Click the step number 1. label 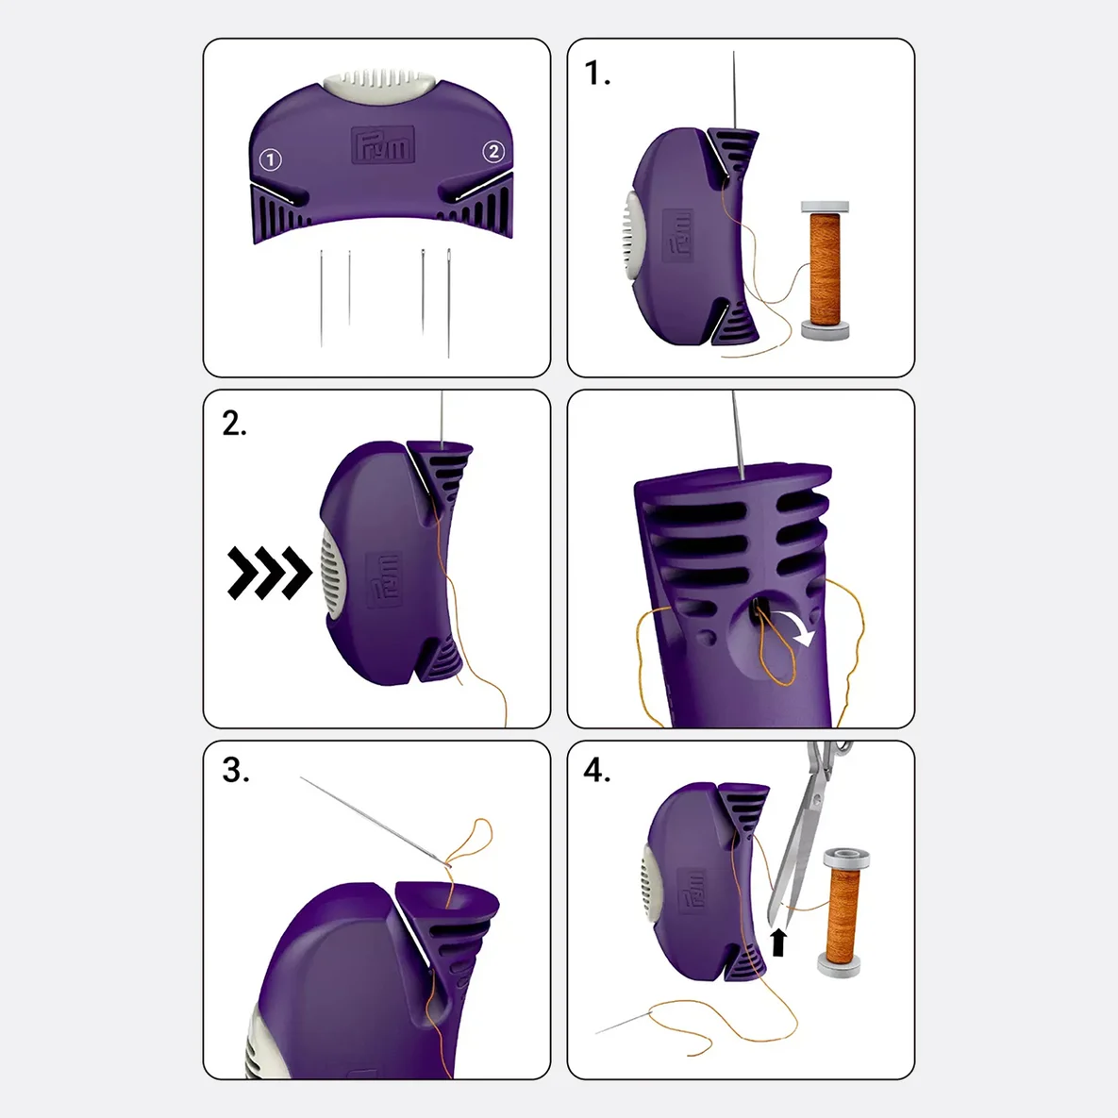(597, 73)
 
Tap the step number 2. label (235, 424)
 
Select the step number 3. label (236, 770)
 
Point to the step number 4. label (597, 770)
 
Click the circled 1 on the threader (270, 159)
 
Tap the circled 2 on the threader (493, 151)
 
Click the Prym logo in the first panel (383, 146)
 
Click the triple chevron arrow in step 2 (270, 573)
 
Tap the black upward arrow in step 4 (779, 942)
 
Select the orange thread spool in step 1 (825, 270)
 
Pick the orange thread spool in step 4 (843, 912)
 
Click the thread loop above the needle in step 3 (469, 842)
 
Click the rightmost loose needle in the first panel (448, 302)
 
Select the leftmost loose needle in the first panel (322, 298)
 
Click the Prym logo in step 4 (692, 892)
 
